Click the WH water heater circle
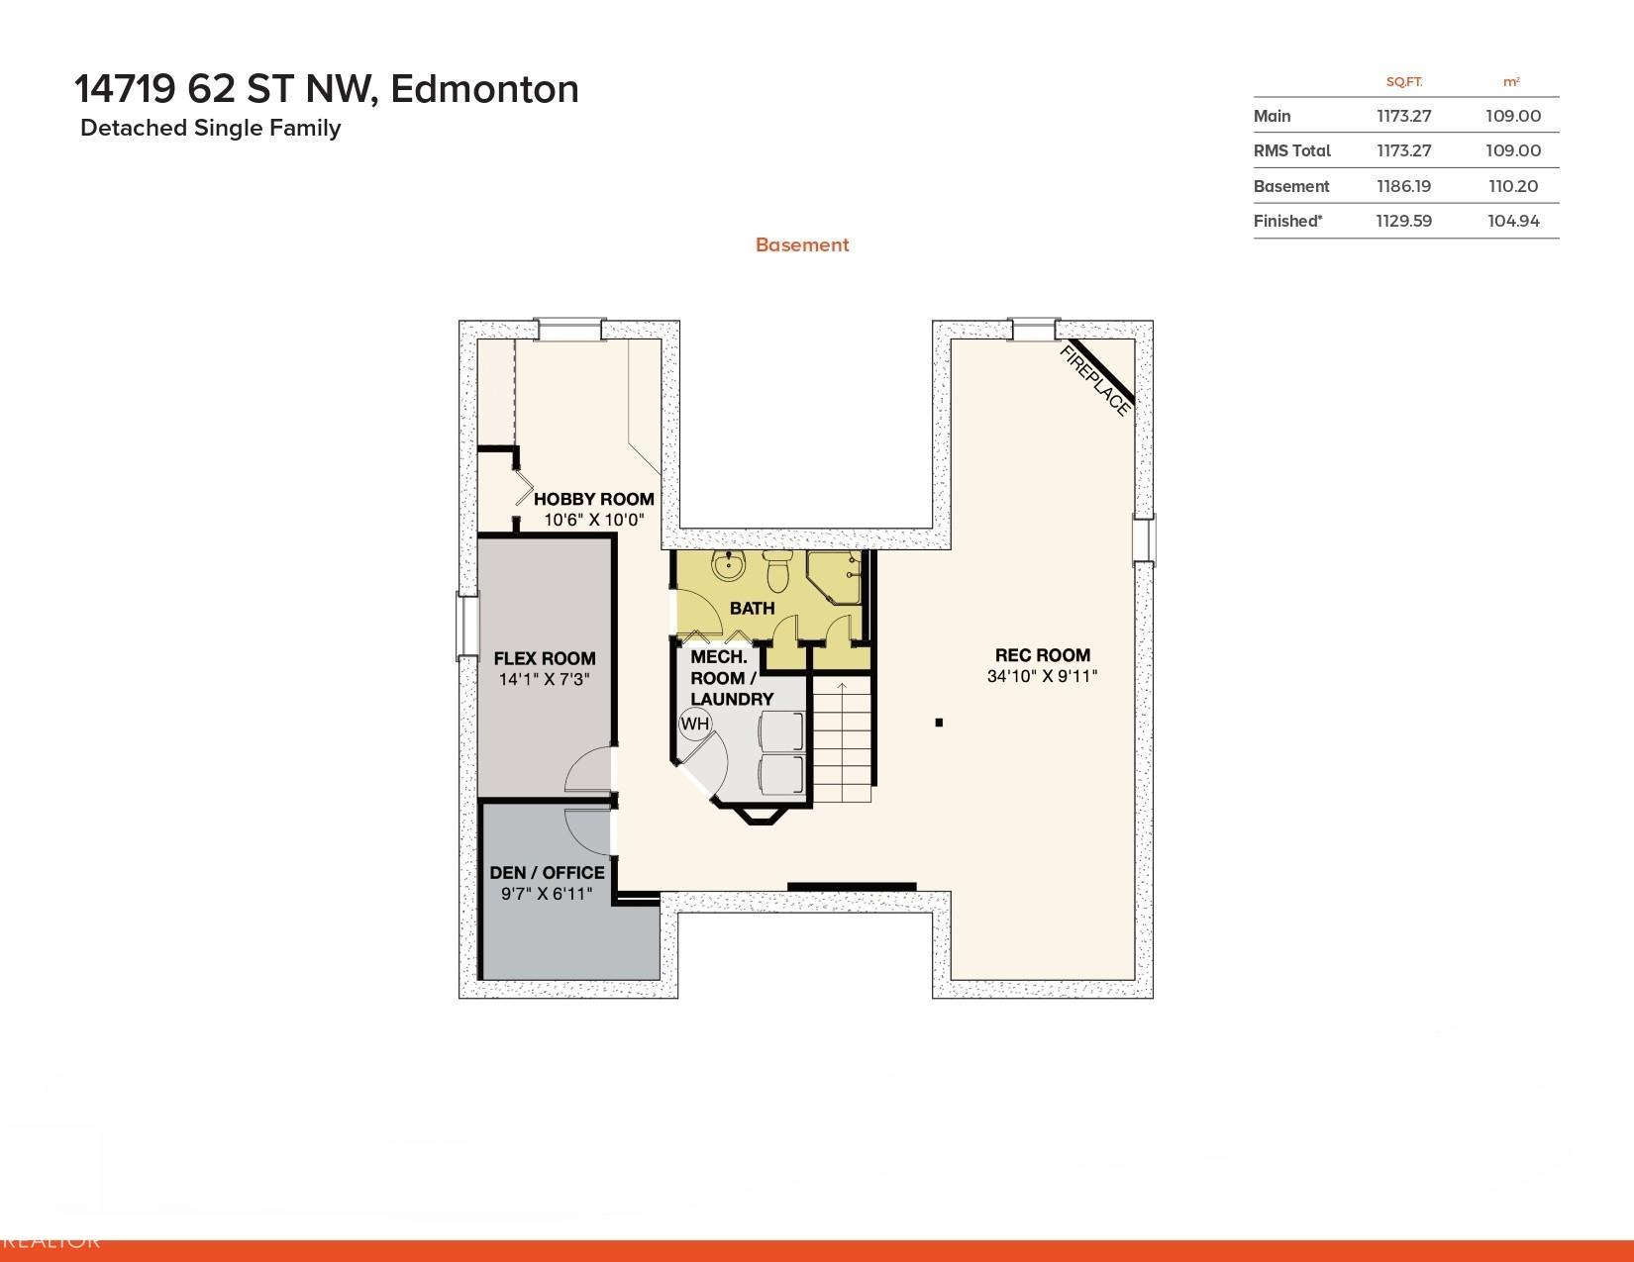point(694,724)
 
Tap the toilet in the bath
point(776,570)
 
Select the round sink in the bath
point(728,565)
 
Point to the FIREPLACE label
point(1094,380)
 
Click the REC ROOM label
point(1042,654)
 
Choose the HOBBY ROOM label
point(593,498)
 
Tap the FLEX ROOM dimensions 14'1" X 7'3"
point(544,679)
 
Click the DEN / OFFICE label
point(547,872)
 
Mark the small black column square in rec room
point(939,723)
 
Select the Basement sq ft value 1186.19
point(1403,186)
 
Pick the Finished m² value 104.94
point(1513,221)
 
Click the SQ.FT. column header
point(1404,82)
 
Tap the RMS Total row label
point(1292,150)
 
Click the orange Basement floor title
point(802,244)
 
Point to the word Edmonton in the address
point(484,89)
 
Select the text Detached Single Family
point(211,128)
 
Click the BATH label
point(752,608)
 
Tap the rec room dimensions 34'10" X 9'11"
point(1042,676)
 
